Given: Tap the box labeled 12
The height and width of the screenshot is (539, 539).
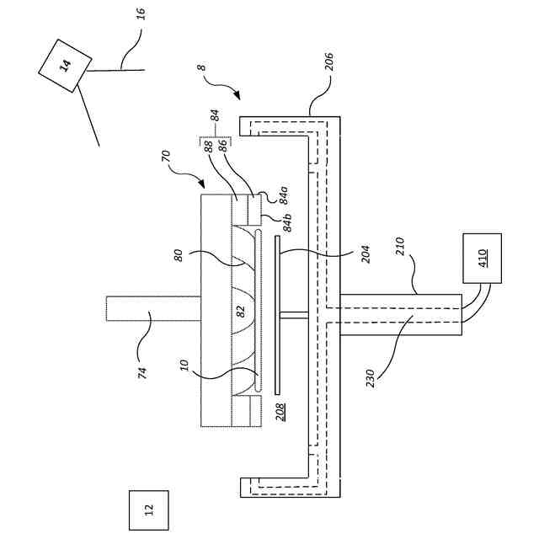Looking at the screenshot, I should (148, 510).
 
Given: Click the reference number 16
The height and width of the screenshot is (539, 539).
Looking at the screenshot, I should (141, 14).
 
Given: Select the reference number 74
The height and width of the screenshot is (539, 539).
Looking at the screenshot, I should (142, 371).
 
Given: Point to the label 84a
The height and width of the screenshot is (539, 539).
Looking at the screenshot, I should (284, 196).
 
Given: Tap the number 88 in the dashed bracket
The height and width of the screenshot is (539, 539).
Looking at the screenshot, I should (207, 145).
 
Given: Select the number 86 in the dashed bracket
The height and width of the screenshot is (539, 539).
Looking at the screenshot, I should (222, 145).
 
